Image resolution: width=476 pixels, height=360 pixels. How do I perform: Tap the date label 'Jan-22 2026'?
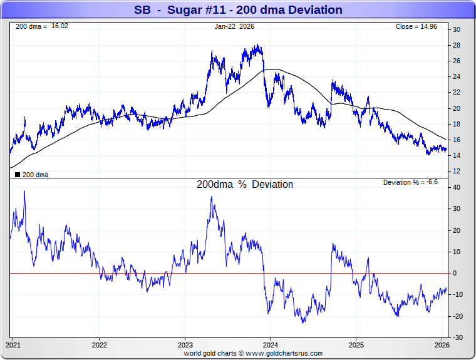click(x=234, y=27)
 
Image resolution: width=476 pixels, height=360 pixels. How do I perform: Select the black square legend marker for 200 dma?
click(x=17, y=175)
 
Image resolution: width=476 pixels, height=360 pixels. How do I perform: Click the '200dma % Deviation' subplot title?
click(x=245, y=185)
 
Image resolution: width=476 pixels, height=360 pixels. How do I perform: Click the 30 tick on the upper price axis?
click(x=457, y=29)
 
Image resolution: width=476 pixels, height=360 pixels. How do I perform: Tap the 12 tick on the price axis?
click(x=457, y=172)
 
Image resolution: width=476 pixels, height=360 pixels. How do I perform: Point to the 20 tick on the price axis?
click(x=457, y=108)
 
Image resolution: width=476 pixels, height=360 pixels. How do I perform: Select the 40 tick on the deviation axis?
click(x=457, y=187)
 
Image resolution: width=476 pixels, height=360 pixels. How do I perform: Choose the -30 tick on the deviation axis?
click(x=458, y=337)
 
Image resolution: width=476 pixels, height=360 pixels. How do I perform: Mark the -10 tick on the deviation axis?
click(x=458, y=294)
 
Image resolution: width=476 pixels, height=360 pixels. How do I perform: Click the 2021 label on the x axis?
click(x=14, y=345)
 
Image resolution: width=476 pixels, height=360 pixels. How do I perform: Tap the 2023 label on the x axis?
click(x=185, y=345)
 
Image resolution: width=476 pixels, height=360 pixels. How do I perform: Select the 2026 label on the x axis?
click(x=442, y=345)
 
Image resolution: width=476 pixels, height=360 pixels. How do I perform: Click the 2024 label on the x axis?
click(x=271, y=345)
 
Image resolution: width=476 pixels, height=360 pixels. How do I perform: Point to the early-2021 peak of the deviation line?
click(x=24, y=191)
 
